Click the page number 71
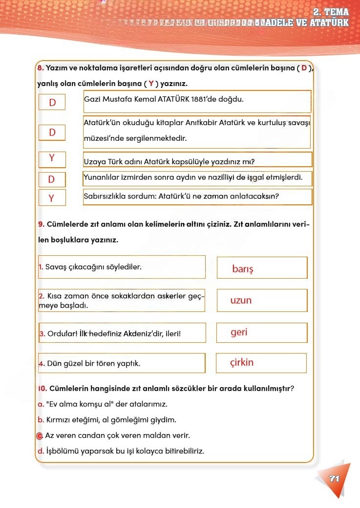click(x=334, y=479)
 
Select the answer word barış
click(x=243, y=269)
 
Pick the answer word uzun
click(x=241, y=300)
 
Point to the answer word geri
click(x=239, y=332)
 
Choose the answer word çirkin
click(x=242, y=363)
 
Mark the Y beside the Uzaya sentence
click(x=51, y=158)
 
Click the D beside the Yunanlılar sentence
click(x=51, y=179)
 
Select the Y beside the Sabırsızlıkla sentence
click(x=51, y=198)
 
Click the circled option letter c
click(x=40, y=436)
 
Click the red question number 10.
click(x=42, y=389)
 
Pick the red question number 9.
click(x=41, y=224)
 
